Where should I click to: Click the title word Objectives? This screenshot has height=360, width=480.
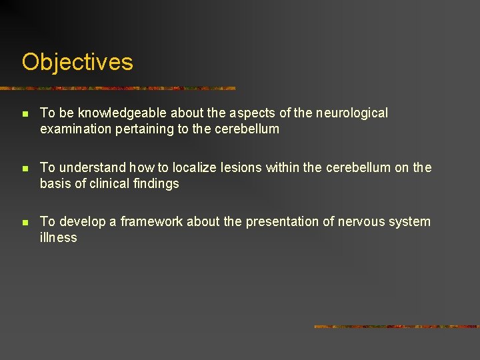tap(77, 62)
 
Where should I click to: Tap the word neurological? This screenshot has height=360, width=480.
tap(351, 113)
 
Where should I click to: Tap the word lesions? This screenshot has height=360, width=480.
tap(240, 167)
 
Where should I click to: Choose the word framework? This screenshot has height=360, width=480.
tap(151, 221)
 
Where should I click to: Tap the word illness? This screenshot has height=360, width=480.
tap(59, 237)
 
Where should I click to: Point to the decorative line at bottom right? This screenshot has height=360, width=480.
tap(396, 327)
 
